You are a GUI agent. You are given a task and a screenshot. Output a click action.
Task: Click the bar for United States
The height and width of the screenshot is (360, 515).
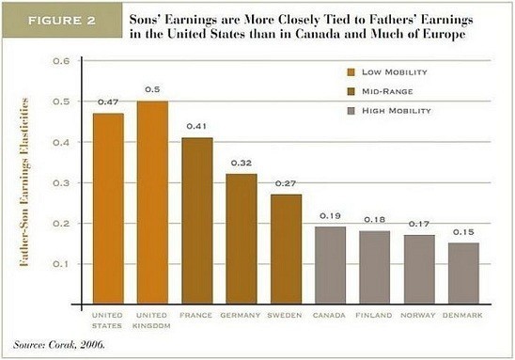[x=108, y=208]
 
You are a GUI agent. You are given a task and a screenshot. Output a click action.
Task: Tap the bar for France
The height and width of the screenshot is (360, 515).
[x=197, y=220]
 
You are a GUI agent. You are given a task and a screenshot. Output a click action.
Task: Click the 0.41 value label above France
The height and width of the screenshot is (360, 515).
[x=197, y=127]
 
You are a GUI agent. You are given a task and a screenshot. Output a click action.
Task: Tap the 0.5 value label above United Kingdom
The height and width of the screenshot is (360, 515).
[x=153, y=89]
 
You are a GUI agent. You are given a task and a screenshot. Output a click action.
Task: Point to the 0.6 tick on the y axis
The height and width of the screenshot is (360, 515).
[x=65, y=61]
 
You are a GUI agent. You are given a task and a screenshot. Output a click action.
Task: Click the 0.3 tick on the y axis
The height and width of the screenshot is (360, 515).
[x=65, y=182]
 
